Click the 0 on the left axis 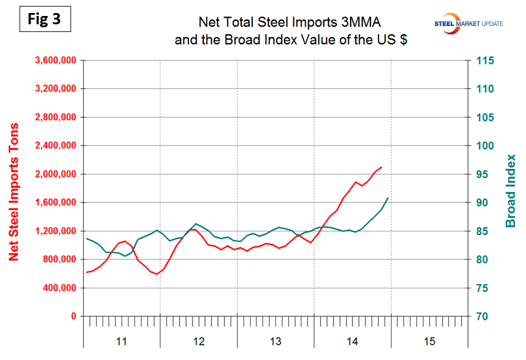(x=74, y=316)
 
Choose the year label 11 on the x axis (x=121, y=341)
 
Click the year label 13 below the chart (x=275, y=341)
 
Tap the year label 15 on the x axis (x=429, y=341)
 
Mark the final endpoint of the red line (x=381, y=167)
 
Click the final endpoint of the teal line (x=388, y=198)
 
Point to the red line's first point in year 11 (x=86, y=272)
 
